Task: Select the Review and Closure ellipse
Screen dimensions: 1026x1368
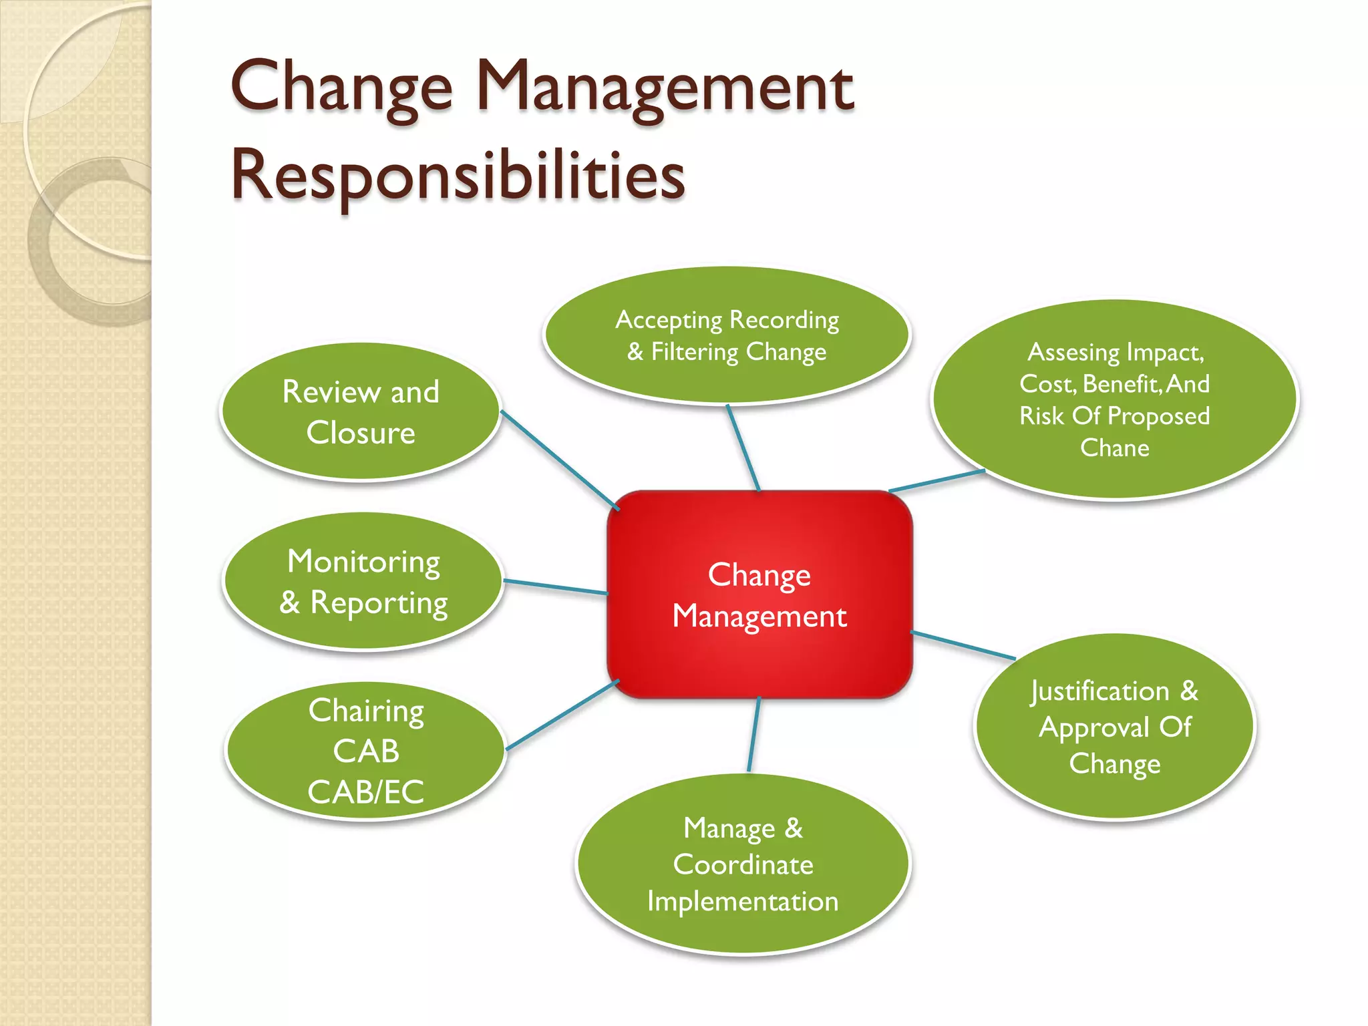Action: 361,411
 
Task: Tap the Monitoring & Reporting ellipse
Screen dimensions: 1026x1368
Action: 363,581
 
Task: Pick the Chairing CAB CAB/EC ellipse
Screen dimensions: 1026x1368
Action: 365,750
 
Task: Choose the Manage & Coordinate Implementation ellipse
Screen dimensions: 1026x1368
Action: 743,864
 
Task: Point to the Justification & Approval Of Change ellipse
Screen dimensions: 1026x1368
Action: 1114,727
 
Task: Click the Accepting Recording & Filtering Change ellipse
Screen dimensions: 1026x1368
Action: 727,335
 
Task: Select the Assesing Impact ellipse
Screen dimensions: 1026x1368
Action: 1114,399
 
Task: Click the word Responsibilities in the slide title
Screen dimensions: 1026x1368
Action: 458,175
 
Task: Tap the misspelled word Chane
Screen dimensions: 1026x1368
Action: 1115,448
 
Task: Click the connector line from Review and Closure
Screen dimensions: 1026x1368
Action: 560,460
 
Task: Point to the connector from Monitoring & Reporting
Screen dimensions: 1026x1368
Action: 555,587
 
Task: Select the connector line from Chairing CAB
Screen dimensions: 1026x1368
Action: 562,715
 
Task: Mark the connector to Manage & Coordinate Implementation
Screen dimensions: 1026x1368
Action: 754,735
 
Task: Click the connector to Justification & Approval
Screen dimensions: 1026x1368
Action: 963,645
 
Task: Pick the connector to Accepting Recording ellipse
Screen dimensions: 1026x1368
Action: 743,448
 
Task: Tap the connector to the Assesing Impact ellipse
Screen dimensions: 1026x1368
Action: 936,481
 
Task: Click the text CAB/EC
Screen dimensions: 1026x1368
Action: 365,792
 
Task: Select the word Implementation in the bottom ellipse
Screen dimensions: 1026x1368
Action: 743,902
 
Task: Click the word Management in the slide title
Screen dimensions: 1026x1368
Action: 665,87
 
